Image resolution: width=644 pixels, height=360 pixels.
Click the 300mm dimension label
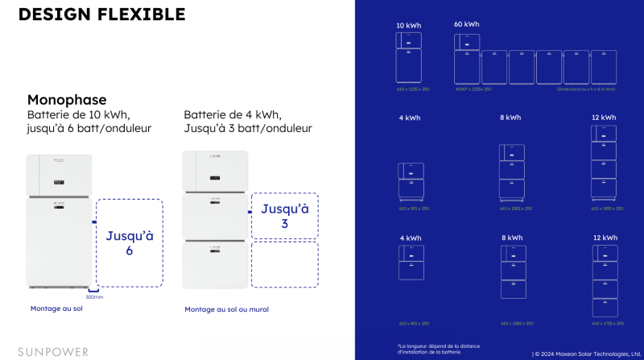(x=93, y=297)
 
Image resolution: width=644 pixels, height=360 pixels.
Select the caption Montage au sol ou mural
(x=226, y=309)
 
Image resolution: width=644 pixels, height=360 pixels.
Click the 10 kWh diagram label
(x=408, y=25)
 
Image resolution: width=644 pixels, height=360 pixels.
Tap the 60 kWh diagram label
(x=466, y=25)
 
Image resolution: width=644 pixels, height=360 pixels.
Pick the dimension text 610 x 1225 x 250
(x=412, y=89)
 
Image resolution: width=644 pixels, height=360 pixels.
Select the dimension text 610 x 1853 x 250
(x=604, y=209)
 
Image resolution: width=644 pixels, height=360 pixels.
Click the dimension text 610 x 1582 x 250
(x=515, y=209)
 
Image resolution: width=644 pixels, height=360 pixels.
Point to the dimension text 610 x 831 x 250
(x=412, y=323)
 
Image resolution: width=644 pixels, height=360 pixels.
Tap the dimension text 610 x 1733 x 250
(x=604, y=323)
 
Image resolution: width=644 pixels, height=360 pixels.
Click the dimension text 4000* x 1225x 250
(x=473, y=89)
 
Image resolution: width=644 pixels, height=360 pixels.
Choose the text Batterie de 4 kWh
(x=232, y=114)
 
